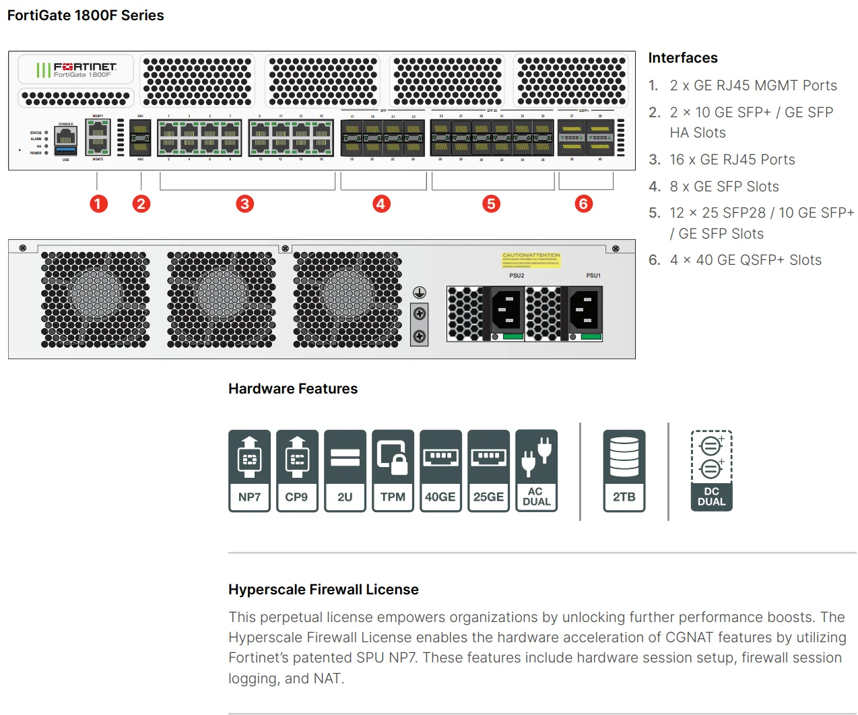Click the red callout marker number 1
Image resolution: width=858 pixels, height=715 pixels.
(x=98, y=204)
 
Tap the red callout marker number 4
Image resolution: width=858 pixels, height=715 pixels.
(x=381, y=204)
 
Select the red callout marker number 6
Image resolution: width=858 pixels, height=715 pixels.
(x=583, y=204)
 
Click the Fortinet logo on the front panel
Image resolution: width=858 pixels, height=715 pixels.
(x=76, y=69)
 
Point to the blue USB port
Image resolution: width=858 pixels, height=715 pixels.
(x=66, y=150)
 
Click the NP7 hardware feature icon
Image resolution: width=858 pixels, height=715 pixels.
(x=249, y=470)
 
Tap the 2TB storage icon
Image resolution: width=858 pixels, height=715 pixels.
(x=624, y=470)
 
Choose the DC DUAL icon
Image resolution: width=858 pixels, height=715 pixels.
(x=711, y=470)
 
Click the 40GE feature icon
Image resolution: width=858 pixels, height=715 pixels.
(x=440, y=470)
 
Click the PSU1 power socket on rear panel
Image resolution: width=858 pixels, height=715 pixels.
(x=585, y=310)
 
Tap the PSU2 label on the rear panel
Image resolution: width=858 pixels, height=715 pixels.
(x=517, y=276)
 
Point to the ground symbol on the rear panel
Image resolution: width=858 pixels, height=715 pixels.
(x=419, y=292)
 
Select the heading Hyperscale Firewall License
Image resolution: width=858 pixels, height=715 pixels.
(x=323, y=590)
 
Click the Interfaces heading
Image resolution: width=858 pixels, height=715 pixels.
(x=682, y=58)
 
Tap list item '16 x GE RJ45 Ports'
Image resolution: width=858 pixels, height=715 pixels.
(x=731, y=160)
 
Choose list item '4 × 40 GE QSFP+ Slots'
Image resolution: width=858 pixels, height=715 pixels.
(x=745, y=260)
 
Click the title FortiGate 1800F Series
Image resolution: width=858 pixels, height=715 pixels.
(x=86, y=15)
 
